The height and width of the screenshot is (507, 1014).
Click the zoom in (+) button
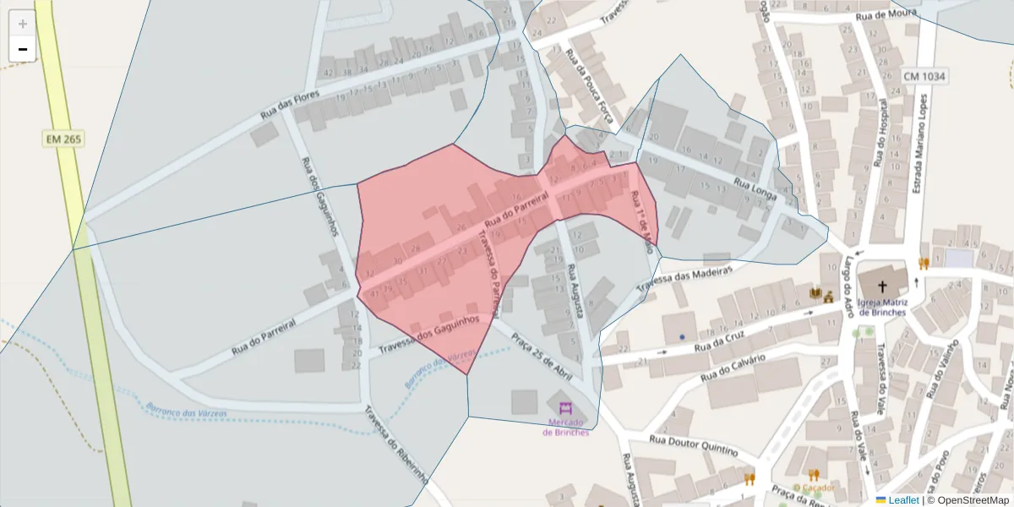(x=23, y=24)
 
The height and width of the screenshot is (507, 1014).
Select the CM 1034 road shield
(x=924, y=76)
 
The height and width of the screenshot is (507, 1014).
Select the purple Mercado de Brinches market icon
(x=565, y=406)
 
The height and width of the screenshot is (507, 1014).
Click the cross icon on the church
(x=882, y=286)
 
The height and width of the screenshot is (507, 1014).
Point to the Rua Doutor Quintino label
(x=692, y=444)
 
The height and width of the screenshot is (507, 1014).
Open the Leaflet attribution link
(x=902, y=500)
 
